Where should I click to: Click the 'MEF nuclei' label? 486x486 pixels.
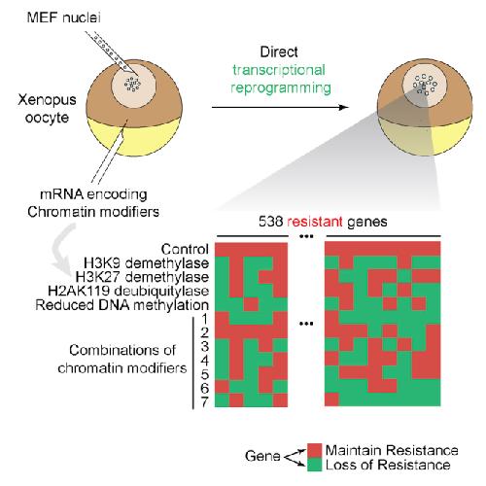pyautogui.click(x=63, y=17)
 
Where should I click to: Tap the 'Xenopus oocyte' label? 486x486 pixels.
pyautogui.click(x=47, y=109)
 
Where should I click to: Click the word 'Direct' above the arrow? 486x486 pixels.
pyautogui.click(x=279, y=52)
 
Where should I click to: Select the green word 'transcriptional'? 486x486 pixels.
pyautogui.click(x=279, y=70)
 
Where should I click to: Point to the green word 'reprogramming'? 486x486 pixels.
pyautogui.click(x=281, y=88)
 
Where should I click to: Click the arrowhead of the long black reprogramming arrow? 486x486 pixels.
pyautogui.click(x=344, y=107)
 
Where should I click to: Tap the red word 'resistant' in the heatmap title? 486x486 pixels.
pyautogui.click(x=315, y=222)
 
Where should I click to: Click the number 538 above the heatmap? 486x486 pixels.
pyautogui.click(x=271, y=222)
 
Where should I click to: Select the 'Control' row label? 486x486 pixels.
pyautogui.click(x=185, y=249)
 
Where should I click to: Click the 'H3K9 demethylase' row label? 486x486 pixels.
pyautogui.click(x=146, y=263)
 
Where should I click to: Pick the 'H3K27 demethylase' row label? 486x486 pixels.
pyautogui.click(x=142, y=277)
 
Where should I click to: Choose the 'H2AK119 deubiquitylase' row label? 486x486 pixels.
pyautogui.click(x=128, y=291)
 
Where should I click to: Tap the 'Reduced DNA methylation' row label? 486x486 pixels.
pyautogui.click(x=122, y=305)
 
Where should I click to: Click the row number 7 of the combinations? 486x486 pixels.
pyautogui.click(x=204, y=402)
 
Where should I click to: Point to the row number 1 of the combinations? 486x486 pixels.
pyautogui.click(x=205, y=319)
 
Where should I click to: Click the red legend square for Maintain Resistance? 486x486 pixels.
pyautogui.click(x=314, y=450)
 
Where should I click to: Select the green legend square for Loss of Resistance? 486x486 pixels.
pyautogui.click(x=314, y=464)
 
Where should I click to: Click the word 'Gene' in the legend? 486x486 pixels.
pyautogui.click(x=262, y=456)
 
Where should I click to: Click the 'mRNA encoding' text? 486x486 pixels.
pyautogui.click(x=93, y=194)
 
